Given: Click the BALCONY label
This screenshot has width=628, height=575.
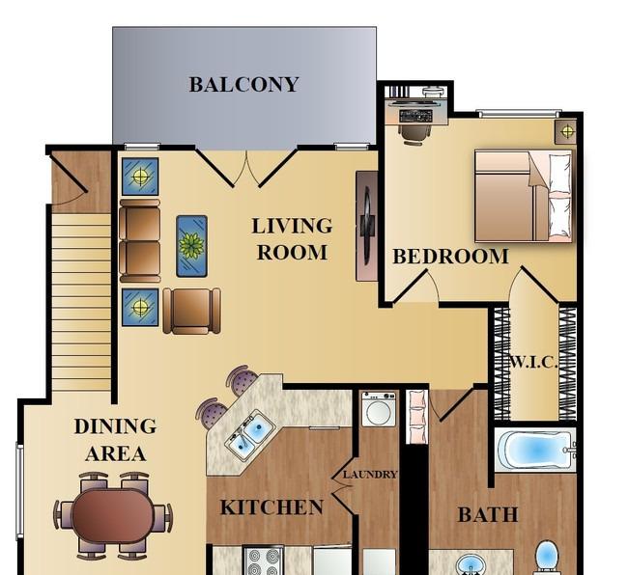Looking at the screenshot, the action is tap(243, 84).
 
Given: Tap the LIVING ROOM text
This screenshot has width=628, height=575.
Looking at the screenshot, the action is tap(292, 239).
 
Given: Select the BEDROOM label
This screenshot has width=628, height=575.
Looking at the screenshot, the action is tap(450, 257).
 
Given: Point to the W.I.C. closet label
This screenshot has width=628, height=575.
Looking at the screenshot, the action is tap(533, 363).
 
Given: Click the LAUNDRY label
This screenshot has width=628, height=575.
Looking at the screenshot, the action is tap(370, 475).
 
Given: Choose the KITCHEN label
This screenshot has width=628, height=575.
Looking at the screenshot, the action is tap(271, 507).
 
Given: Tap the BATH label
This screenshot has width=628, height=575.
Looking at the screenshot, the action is tap(488, 514).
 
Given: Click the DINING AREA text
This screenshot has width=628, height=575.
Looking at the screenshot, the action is tap(115, 440).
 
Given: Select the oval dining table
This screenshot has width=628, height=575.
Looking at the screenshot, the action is tap(112, 515).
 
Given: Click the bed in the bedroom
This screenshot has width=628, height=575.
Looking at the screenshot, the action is tap(523, 196).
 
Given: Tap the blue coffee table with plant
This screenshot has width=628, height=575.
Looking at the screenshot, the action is tap(192, 246).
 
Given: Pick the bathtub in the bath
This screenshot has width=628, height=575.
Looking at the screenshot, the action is tap(536, 451).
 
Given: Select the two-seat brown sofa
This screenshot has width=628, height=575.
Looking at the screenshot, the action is tap(140, 241).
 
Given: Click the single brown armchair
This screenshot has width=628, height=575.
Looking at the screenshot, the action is tap(192, 311).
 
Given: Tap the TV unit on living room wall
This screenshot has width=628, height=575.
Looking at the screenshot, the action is tap(367, 227).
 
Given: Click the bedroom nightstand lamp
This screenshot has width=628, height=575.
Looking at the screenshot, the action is tap(565, 131).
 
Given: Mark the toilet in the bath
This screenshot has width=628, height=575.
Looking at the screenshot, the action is tap(546, 557).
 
